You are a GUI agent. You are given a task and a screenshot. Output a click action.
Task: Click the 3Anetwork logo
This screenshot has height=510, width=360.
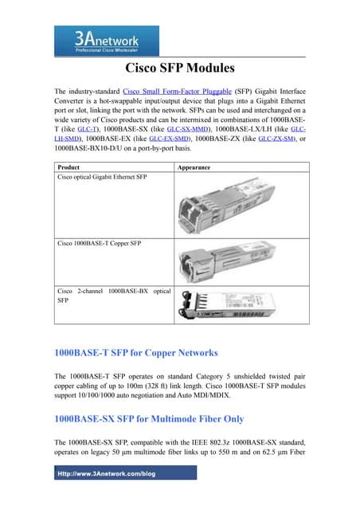pyautogui.click(x=96, y=40)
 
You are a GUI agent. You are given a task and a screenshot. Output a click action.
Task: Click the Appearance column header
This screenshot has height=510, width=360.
pyautogui.click(x=194, y=168)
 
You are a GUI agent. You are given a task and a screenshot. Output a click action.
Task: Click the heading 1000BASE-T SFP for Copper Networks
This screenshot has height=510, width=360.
pyautogui.click(x=135, y=351)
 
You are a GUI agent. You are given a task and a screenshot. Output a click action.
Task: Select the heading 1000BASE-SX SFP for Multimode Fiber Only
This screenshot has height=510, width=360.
pyautogui.click(x=148, y=418)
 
